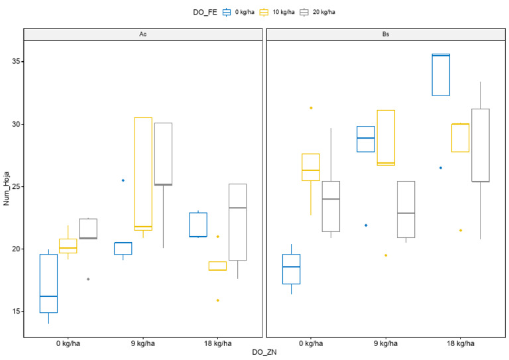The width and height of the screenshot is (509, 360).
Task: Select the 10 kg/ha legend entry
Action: (282, 11)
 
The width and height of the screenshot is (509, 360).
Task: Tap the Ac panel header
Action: (143, 34)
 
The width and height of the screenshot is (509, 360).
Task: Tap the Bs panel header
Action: (385, 34)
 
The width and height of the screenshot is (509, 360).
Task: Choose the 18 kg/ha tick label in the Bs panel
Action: (460, 343)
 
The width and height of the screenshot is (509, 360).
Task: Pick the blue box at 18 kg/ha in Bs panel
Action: (441, 75)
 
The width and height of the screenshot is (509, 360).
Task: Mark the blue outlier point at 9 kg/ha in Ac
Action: (123, 180)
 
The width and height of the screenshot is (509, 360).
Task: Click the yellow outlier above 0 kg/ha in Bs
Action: (311, 108)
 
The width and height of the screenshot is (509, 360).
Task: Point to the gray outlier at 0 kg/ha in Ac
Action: (88, 279)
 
